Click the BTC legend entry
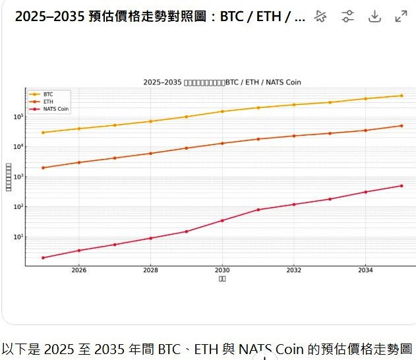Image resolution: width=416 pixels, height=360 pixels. pos(48,94)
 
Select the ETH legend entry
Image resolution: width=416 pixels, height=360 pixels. pos(48,102)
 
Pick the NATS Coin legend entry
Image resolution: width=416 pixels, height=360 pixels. pos(55,109)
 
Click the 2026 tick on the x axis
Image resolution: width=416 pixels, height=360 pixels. pos(78,270)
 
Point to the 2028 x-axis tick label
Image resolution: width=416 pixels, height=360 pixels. pos(150,270)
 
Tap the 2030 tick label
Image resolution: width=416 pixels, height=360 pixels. pos(222,270)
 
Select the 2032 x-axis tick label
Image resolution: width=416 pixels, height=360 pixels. pos(294,270)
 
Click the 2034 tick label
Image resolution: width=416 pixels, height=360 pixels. pos(365,270)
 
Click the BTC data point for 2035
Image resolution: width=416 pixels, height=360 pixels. pos(401,96)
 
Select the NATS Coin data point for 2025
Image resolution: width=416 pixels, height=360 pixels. pos(43,258)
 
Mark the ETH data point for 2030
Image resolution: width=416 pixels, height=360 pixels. pos(222,143)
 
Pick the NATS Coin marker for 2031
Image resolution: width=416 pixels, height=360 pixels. pos(258,210)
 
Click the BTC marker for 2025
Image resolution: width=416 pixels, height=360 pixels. pos(43,133)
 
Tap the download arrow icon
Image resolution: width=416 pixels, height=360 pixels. pos(374,16)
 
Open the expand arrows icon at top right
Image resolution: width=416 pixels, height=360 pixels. pos(401,16)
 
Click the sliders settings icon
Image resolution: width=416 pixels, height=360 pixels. pos(347,16)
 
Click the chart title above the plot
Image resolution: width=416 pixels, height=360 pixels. pos(222,82)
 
